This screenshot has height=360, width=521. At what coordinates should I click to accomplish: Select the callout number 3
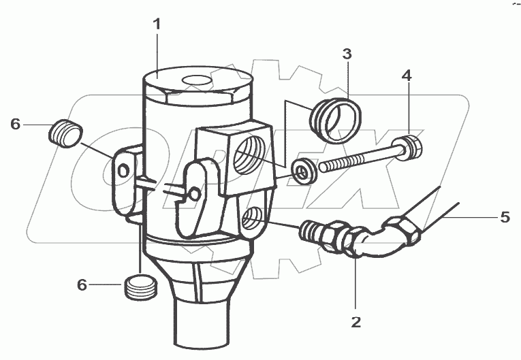pos(347,54)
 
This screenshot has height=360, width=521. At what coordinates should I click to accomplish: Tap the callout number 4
pos(407,76)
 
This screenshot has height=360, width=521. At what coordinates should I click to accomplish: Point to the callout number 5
pos(505,218)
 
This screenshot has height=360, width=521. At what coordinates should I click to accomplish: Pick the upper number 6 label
pos(16,124)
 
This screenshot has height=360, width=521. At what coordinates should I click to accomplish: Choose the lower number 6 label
pos(82,286)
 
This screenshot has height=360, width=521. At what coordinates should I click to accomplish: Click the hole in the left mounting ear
pos(123,171)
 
